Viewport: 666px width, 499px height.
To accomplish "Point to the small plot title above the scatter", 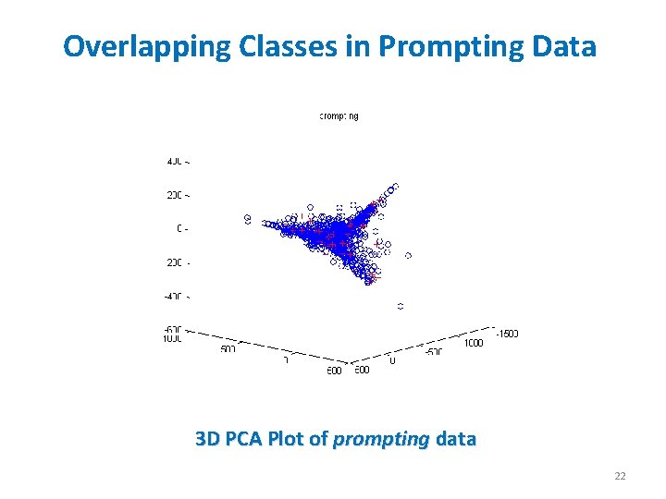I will (x=339, y=116).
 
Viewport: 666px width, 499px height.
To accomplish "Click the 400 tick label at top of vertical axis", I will (x=178, y=161).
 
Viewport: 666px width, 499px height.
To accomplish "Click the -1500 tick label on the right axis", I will (x=506, y=334).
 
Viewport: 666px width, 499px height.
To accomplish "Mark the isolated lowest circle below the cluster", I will (x=401, y=305).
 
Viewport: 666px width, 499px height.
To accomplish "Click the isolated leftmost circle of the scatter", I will (x=248, y=219).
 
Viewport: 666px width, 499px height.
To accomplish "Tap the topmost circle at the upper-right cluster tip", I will (x=396, y=186).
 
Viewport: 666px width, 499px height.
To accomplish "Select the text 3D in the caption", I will (x=208, y=439).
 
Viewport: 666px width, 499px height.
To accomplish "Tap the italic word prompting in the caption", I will (x=381, y=439).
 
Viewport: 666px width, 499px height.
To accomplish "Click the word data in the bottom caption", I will (x=455, y=439).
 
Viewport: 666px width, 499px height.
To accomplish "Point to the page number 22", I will (x=620, y=476).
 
